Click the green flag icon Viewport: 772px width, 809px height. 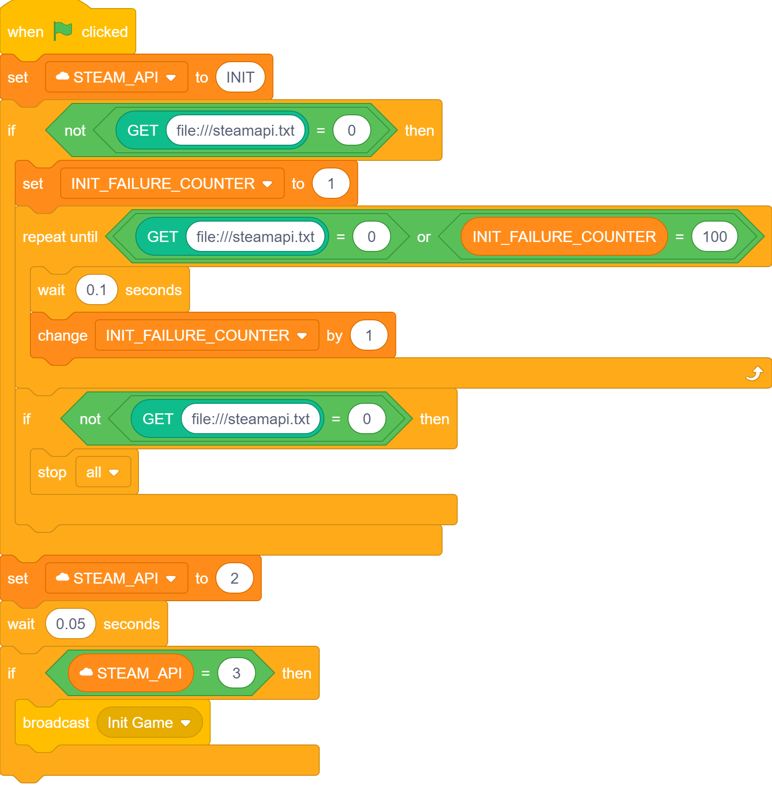click(x=63, y=31)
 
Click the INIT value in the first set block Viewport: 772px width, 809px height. click(x=240, y=77)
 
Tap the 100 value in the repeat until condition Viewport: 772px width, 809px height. click(x=714, y=237)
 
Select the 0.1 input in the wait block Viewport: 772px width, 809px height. click(x=96, y=290)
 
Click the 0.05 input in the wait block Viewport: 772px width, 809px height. click(x=70, y=624)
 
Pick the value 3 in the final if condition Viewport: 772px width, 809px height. click(x=236, y=673)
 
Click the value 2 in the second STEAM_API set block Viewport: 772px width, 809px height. click(x=234, y=578)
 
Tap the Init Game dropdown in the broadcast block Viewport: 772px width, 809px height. click(x=149, y=723)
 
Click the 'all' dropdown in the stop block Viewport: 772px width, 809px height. click(x=103, y=472)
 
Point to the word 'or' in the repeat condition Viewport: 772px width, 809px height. click(x=423, y=237)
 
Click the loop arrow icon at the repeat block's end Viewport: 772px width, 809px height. click(x=754, y=374)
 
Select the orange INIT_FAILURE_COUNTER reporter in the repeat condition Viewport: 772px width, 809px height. click(x=563, y=237)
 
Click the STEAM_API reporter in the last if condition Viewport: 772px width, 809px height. click(x=131, y=673)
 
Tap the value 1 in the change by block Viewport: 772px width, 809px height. click(x=369, y=335)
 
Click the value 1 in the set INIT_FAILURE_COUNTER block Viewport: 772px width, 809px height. click(x=331, y=184)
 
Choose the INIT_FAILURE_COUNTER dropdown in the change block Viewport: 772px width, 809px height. click(x=206, y=335)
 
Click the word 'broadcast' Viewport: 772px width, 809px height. click(x=56, y=723)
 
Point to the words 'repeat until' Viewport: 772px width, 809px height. click(x=60, y=237)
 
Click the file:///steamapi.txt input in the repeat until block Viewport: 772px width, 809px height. click(x=255, y=237)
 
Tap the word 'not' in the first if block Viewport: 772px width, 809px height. click(x=75, y=130)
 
